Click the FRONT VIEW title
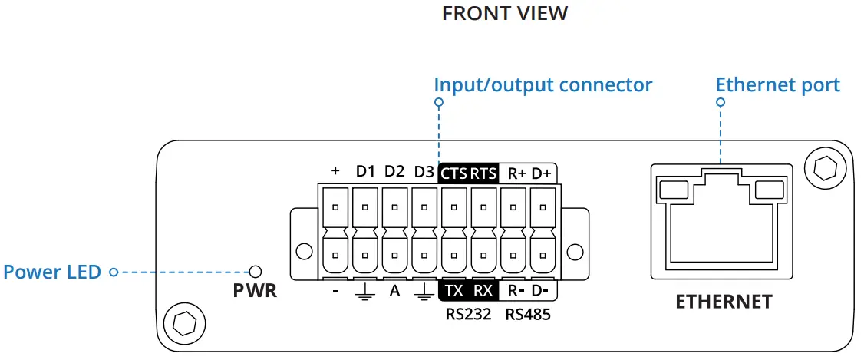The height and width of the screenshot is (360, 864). click(x=505, y=14)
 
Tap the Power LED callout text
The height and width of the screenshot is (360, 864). click(x=52, y=272)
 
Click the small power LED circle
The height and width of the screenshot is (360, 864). click(x=256, y=271)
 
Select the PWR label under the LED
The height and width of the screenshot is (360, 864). click(x=255, y=292)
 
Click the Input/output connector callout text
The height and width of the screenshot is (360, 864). click(x=542, y=84)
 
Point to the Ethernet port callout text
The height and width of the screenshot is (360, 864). click(x=777, y=84)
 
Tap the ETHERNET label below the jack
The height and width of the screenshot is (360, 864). click(x=724, y=302)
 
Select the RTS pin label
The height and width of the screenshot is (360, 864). click(x=483, y=172)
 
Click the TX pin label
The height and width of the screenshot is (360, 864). click(x=453, y=291)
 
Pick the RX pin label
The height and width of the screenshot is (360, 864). click(x=483, y=291)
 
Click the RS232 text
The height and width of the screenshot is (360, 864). click(x=468, y=314)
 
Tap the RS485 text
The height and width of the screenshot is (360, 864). click(x=527, y=314)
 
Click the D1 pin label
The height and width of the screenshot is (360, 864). click(x=365, y=172)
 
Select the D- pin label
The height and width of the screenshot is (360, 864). click(x=541, y=291)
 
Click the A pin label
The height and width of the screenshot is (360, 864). click(x=394, y=291)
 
